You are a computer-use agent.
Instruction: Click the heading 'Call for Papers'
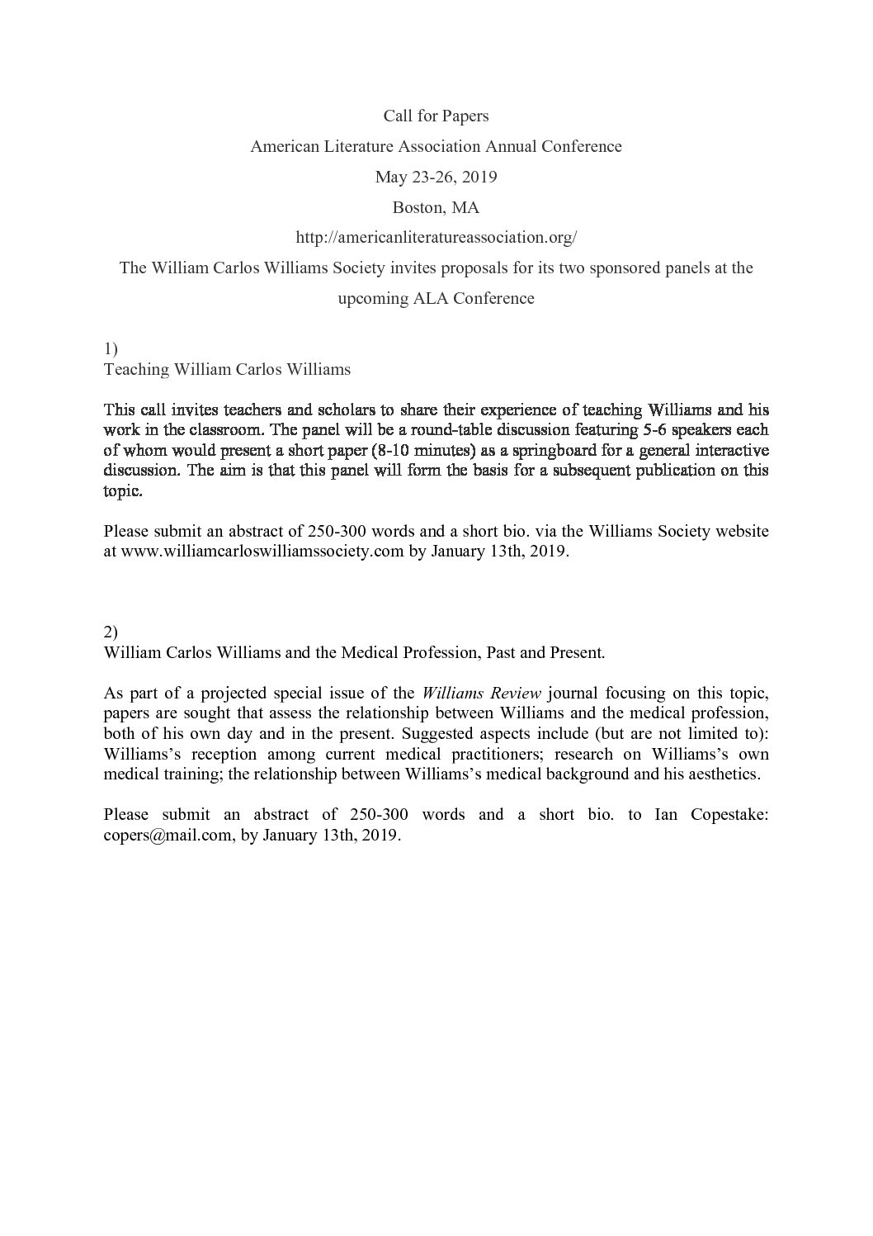pos(436,116)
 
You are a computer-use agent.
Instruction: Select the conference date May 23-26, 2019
pos(436,177)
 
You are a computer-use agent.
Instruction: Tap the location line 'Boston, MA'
pos(436,207)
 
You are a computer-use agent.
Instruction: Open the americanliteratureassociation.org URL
pos(436,238)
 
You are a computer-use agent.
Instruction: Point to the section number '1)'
pos(111,349)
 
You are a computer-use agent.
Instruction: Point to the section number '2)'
pos(111,632)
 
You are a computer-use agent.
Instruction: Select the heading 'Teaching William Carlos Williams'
pos(227,369)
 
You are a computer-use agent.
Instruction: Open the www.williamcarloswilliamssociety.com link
pos(262,552)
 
